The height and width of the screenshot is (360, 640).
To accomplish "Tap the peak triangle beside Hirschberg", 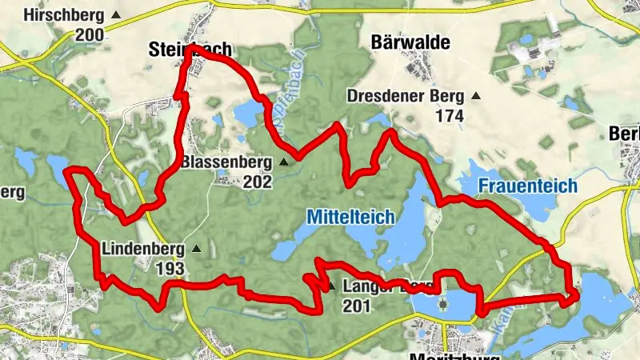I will (x=117, y=15).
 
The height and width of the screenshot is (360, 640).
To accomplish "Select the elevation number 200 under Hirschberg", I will (x=89, y=34).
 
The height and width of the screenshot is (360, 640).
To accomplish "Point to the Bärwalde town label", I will (x=410, y=42).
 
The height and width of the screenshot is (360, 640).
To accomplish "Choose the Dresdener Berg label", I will (x=406, y=96).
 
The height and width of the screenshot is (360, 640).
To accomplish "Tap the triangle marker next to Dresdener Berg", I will (x=476, y=96).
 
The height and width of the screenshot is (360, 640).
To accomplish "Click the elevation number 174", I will (x=450, y=115).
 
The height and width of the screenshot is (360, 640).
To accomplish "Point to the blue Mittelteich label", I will (x=350, y=215).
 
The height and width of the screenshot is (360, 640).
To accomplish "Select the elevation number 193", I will (x=171, y=268).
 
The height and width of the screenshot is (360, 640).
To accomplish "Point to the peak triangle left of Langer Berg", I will (x=330, y=286).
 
